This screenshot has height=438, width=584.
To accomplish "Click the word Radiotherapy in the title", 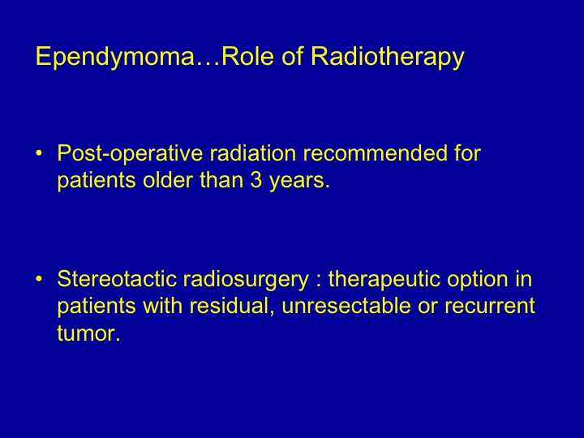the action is (x=388, y=57).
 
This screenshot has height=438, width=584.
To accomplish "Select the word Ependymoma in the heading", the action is (x=114, y=57).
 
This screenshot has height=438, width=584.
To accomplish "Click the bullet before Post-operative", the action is (x=39, y=153).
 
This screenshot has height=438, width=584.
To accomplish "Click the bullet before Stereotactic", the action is (x=39, y=279).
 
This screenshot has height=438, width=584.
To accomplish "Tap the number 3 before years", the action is (x=255, y=180).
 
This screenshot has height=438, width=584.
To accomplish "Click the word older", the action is (x=167, y=180).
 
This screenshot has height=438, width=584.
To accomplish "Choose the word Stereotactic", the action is (x=117, y=279).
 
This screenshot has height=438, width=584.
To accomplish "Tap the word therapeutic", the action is (x=384, y=280).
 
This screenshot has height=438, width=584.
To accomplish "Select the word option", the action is (x=478, y=280).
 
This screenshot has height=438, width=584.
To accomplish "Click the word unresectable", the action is (x=346, y=306).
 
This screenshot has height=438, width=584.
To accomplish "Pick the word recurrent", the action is (x=490, y=307).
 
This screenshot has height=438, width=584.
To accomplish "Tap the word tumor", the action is (x=89, y=333).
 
